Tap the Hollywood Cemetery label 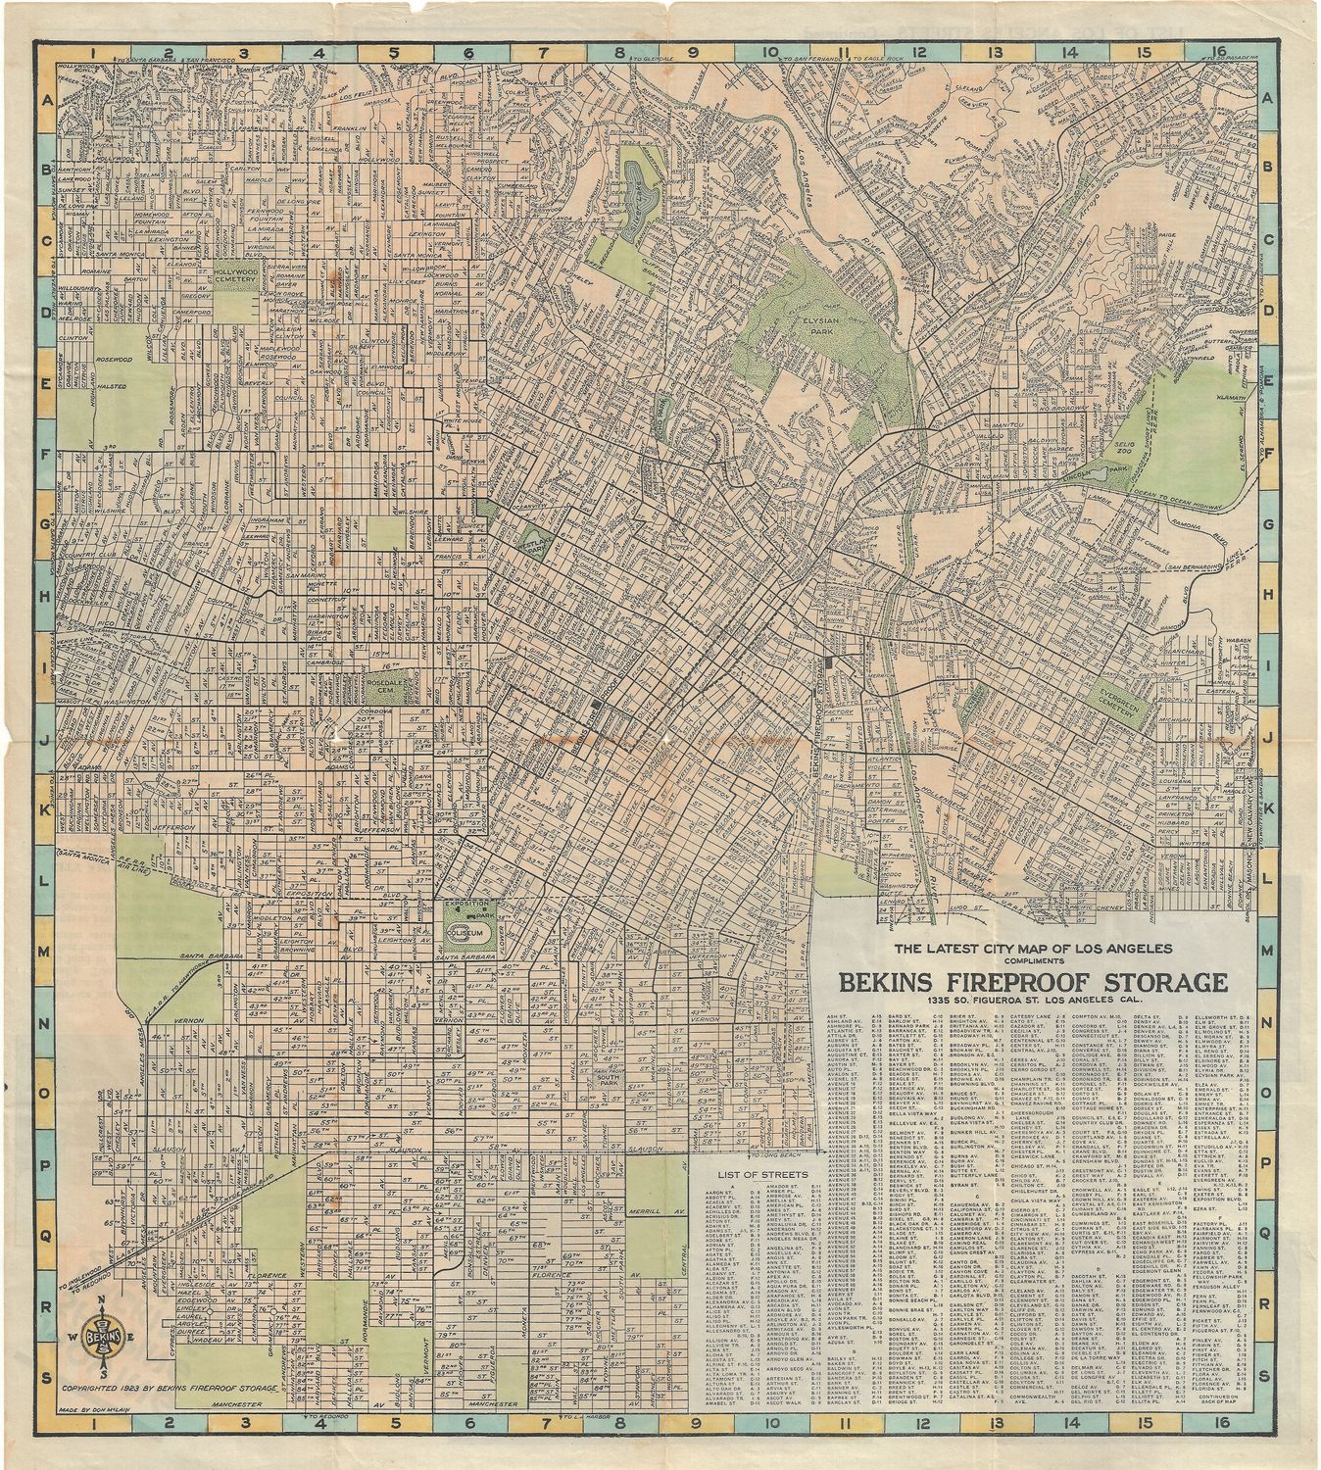[x=234, y=278]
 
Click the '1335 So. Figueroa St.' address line [x=1031, y=1004]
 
